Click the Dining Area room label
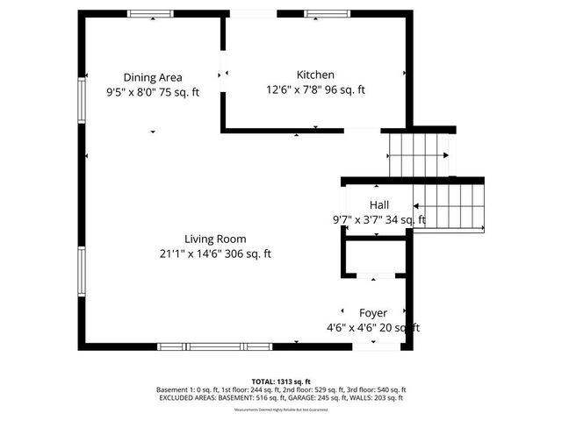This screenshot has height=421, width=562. click(153, 76)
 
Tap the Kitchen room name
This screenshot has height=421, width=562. click(315, 75)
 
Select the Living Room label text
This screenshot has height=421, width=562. click(215, 239)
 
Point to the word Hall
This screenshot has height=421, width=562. click(378, 204)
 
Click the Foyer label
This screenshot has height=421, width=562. click(372, 313)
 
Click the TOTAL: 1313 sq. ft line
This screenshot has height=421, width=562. click(281, 382)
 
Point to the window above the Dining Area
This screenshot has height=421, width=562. click(150, 13)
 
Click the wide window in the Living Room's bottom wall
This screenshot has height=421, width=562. click(214, 346)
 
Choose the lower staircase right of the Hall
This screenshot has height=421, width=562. click(448, 205)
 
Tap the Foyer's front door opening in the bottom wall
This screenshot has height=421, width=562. click(373, 346)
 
